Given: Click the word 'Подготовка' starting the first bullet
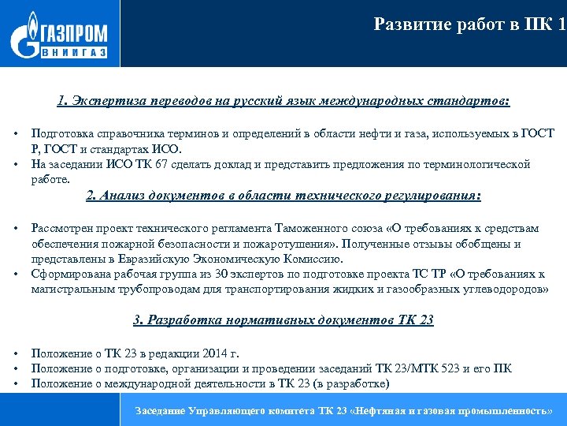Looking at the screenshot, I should [59, 133].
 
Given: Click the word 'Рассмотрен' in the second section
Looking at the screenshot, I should [61, 228].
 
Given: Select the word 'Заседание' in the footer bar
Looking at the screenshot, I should [161, 411].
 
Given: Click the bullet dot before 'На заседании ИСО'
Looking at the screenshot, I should [16, 164].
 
